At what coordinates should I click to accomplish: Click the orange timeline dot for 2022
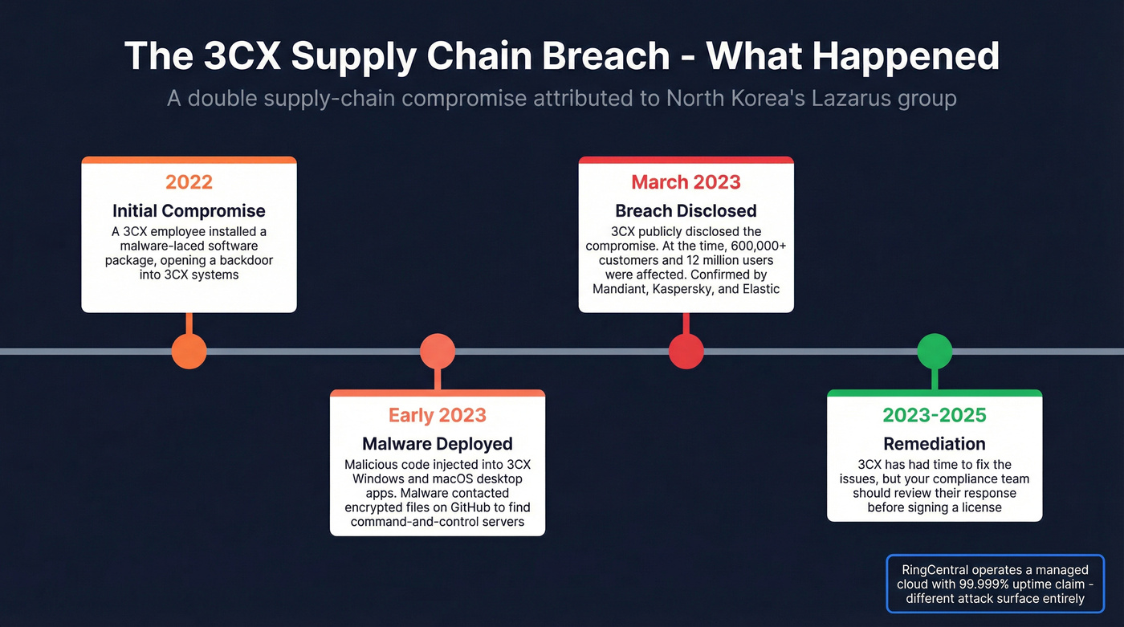[189, 352]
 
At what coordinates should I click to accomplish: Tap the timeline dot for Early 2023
[438, 352]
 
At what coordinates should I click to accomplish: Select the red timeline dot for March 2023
[686, 352]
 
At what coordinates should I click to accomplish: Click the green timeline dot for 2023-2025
[935, 352]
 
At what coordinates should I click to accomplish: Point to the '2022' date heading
[189, 182]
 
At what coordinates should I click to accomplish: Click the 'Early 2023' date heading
[438, 415]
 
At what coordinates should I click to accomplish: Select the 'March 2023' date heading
[686, 182]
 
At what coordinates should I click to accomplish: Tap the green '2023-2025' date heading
[935, 415]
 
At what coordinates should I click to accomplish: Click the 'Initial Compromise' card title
[189, 211]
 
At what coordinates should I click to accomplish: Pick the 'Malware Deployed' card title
[438, 444]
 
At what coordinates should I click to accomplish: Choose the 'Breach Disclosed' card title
[686, 211]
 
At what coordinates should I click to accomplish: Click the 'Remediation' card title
[935, 444]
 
